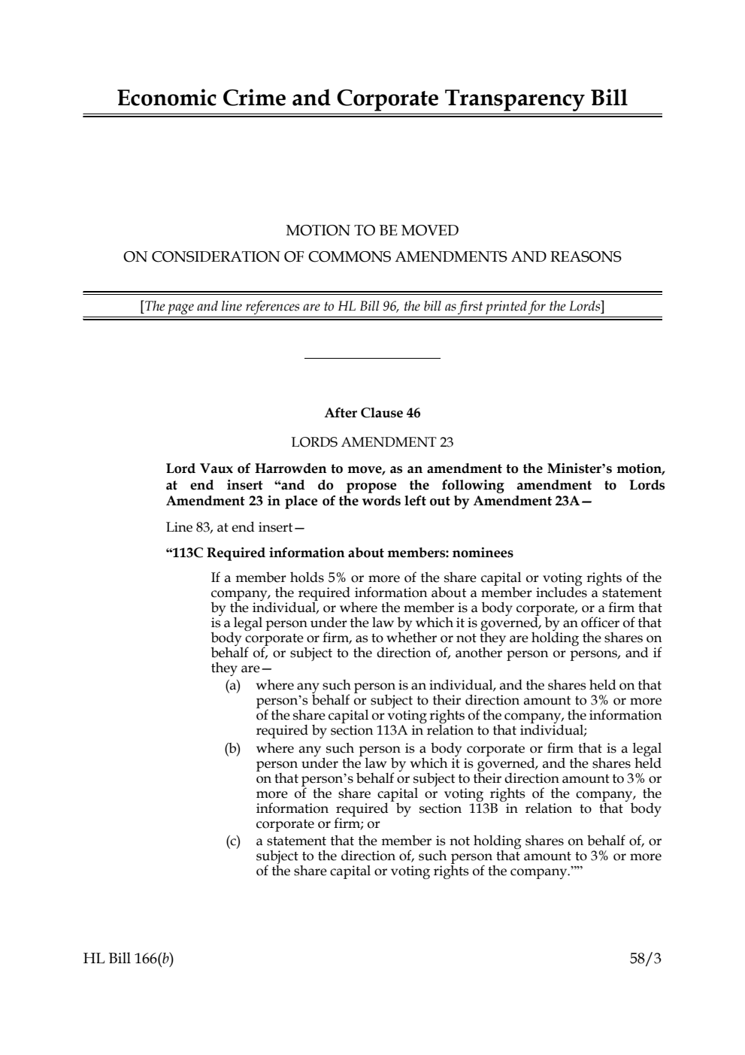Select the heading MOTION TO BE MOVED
click(x=372, y=230)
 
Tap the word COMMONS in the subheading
click(x=348, y=256)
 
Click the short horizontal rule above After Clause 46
click(x=372, y=359)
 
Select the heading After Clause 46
click(x=372, y=413)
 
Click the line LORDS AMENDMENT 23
click(x=372, y=441)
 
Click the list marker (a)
click(x=233, y=685)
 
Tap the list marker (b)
click(x=233, y=748)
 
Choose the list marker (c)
click(x=233, y=841)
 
